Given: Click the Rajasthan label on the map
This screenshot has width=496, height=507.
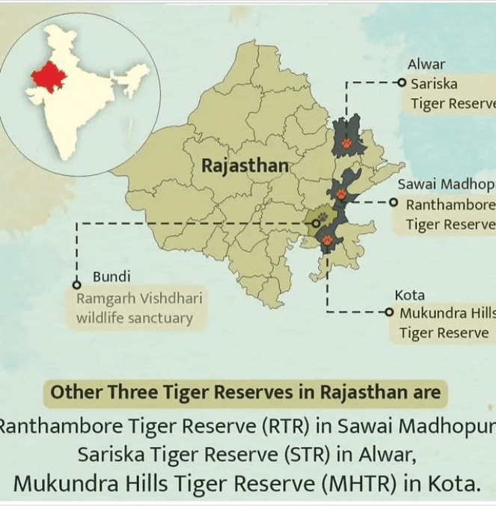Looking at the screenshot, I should [x=245, y=165].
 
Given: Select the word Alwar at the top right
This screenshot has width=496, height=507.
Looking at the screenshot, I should [x=426, y=65].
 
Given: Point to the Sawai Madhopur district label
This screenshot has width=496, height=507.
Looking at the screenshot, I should [x=446, y=185].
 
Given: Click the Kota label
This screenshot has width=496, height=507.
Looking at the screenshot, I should [x=409, y=295].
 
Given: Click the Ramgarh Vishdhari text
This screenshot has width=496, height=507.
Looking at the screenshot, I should [x=139, y=299].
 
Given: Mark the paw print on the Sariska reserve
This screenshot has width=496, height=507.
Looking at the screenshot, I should [x=347, y=142].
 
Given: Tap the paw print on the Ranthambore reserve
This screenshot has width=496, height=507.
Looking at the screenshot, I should [x=341, y=194].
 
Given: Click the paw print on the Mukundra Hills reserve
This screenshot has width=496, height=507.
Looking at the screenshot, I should [x=328, y=240].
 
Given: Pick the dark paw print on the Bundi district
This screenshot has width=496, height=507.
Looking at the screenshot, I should [x=322, y=220].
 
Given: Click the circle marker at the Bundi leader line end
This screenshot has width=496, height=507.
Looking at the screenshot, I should [x=76, y=285].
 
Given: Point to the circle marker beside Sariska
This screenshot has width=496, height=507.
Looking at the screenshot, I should [x=402, y=83].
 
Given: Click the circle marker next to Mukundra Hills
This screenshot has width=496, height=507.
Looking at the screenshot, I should [x=390, y=313].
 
